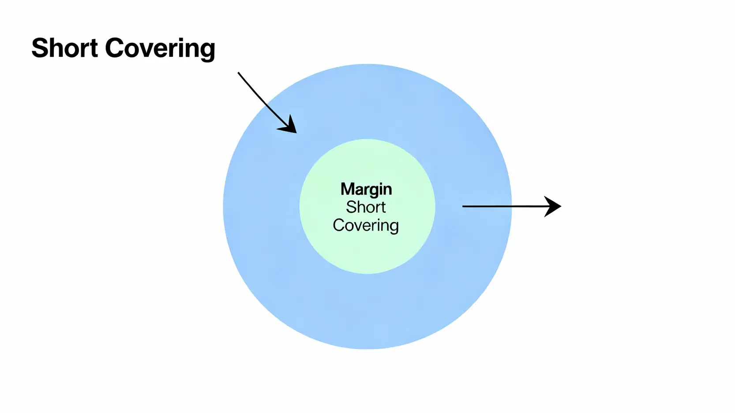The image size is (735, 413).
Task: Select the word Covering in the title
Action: [x=160, y=48]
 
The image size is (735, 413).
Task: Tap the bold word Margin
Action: [x=366, y=190]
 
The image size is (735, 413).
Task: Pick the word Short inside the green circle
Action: [x=366, y=207]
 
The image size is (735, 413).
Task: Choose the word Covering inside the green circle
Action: [x=366, y=225]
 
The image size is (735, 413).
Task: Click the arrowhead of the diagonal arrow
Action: [x=289, y=126]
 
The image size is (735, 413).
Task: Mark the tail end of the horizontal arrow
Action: [x=464, y=206]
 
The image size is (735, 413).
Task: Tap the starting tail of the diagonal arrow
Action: [x=239, y=73]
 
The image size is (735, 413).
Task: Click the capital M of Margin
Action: [x=347, y=190]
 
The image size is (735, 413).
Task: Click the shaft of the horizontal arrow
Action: [x=503, y=206]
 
